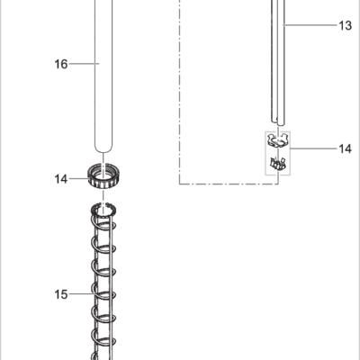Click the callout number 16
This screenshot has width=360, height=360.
click(x=61, y=64)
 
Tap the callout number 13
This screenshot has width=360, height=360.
click(x=345, y=25)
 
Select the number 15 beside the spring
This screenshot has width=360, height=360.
click(x=61, y=294)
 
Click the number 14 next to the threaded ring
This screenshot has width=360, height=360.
click(x=61, y=179)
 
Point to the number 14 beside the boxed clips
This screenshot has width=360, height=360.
click(x=345, y=148)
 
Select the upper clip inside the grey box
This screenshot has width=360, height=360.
click(x=278, y=140)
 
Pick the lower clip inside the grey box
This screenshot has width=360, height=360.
click(x=278, y=164)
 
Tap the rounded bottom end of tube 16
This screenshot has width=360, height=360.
click(x=103, y=149)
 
